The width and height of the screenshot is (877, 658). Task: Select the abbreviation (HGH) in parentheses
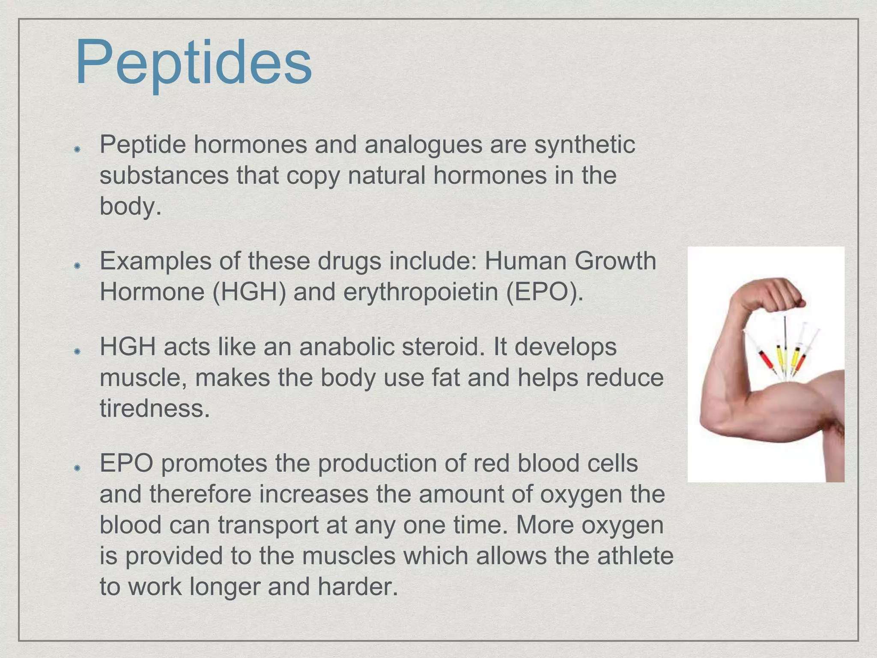249,292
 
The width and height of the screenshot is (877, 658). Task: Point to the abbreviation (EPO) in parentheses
544,292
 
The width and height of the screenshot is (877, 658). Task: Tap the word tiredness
155,408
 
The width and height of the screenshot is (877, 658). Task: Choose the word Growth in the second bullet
615,261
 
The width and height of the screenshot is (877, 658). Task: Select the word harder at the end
358,587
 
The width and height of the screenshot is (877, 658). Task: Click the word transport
268,525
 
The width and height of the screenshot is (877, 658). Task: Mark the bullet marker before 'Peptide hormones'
77,149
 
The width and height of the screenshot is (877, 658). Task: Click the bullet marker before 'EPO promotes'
77,468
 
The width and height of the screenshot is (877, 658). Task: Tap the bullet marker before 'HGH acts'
77,351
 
